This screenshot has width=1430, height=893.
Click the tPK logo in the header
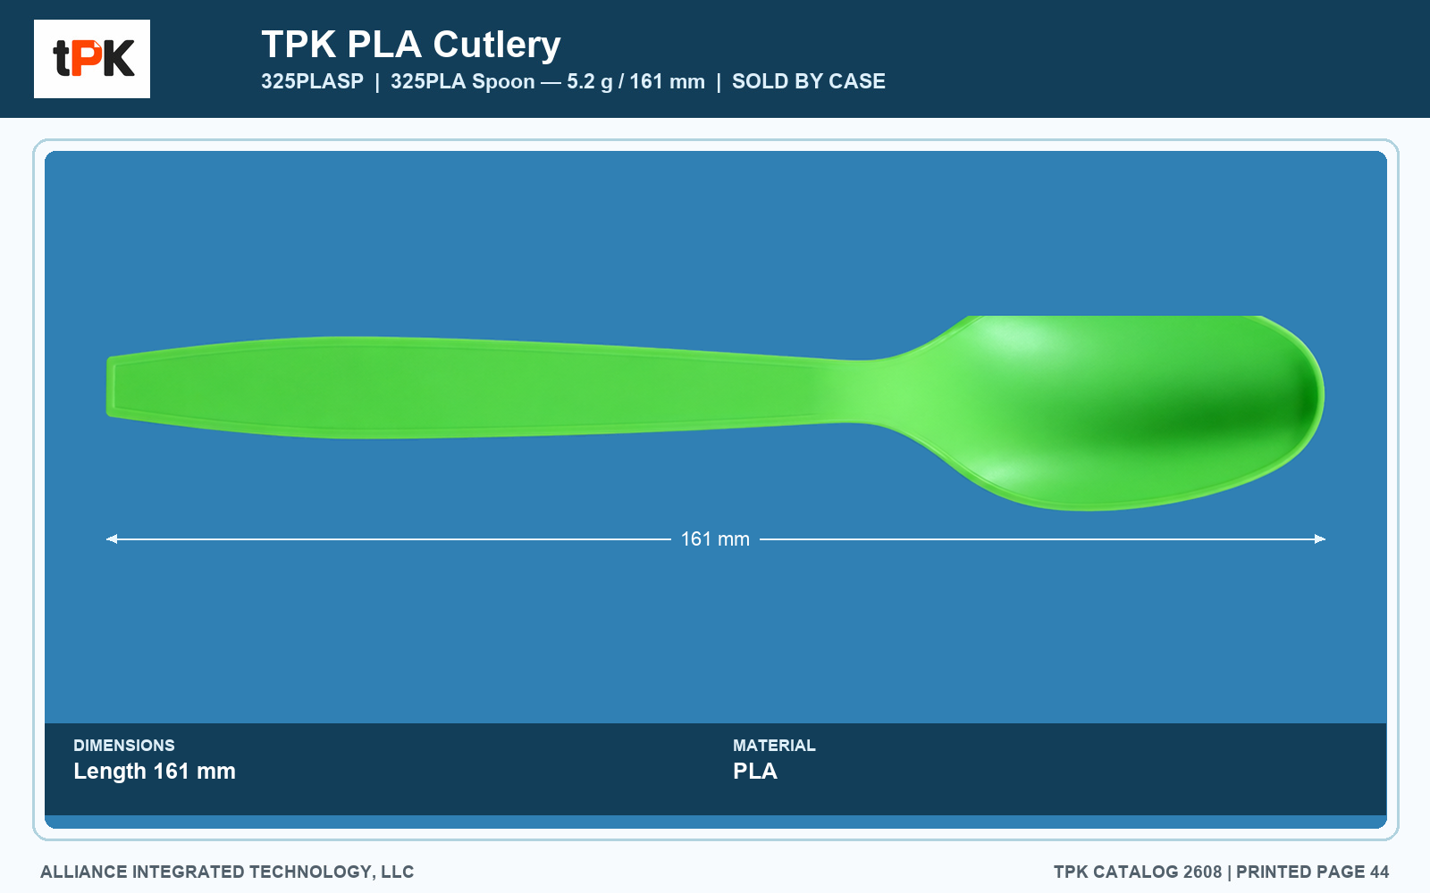click(92, 59)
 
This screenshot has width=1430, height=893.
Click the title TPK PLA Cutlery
click(411, 45)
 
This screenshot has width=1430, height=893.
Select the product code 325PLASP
click(312, 81)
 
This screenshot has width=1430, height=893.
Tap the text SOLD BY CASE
click(808, 81)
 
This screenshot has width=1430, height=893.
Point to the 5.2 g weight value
click(589, 81)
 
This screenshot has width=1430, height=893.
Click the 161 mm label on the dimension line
click(715, 539)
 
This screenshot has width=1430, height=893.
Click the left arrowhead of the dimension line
click(112, 539)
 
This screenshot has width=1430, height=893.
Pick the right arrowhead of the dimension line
click(1319, 539)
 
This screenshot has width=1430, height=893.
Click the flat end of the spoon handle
click(111, 387)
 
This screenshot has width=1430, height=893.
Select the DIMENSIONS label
click(124, 745)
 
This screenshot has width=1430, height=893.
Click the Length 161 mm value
click(155, 772)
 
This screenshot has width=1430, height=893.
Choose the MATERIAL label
click(774, 745)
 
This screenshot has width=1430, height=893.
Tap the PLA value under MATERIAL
click(754, 772)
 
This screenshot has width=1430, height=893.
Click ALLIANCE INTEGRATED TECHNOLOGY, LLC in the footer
click(227, 872)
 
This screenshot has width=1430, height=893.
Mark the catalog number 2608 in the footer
click(1202, 872)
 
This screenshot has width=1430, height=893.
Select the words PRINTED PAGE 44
click(1313, 872)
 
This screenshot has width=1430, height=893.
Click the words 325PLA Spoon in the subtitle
click(463, 81)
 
